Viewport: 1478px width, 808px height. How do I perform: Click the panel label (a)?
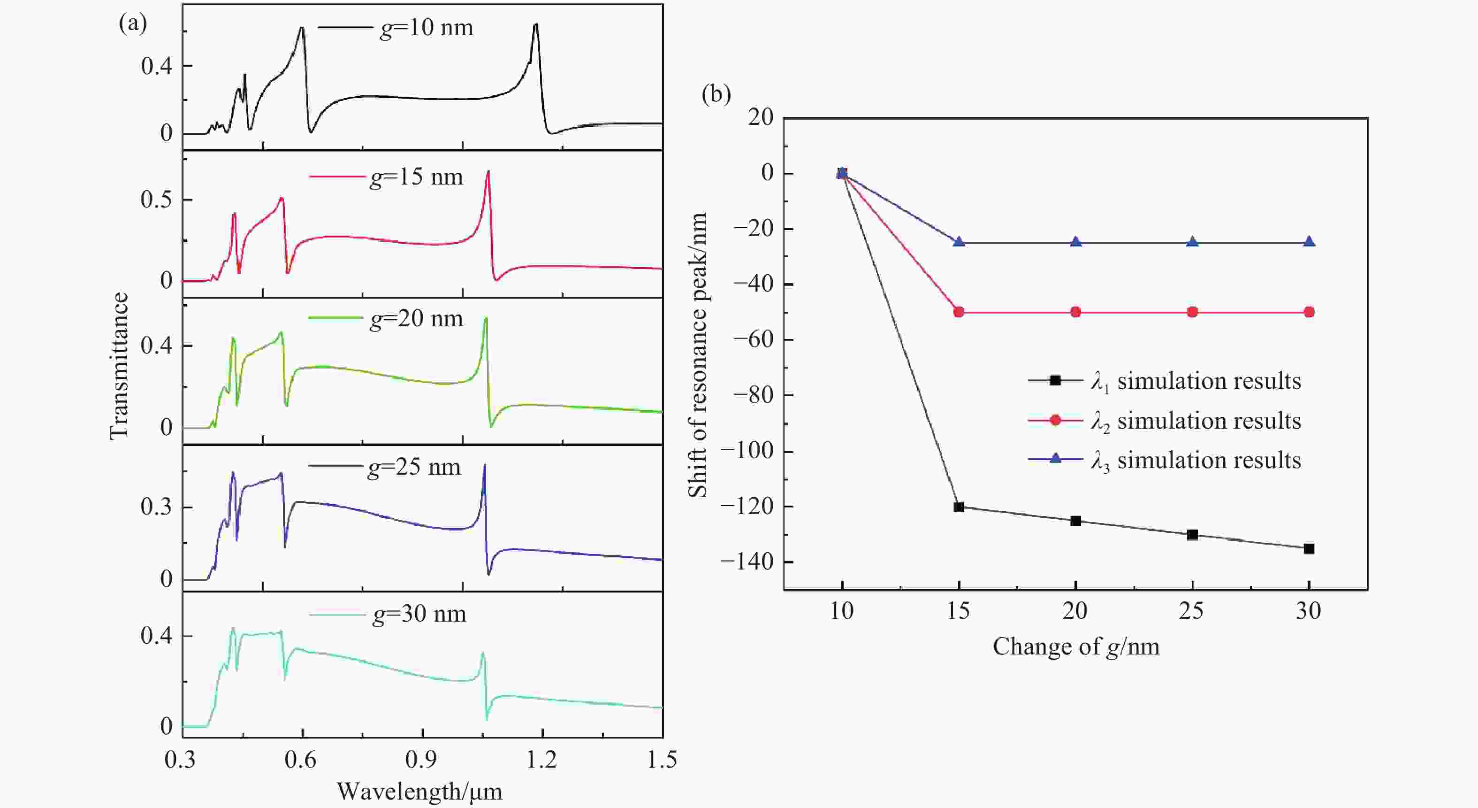[132, 23]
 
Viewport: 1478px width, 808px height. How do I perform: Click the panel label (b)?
[716, 94]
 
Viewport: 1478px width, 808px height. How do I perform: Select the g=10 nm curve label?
[427, 28]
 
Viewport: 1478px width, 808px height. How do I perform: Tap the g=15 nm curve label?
[416, 177]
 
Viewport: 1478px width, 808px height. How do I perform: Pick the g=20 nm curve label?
[416, 318]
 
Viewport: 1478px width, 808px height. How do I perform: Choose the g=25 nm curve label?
[414, 467]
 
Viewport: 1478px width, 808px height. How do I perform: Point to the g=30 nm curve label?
[419, 615]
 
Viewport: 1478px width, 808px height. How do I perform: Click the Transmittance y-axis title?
[119, 366]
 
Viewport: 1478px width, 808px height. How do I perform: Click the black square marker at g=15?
[959, 507]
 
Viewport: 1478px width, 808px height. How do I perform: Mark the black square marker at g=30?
[1309, 549]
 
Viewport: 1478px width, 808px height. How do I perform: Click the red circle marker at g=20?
[1076, 312]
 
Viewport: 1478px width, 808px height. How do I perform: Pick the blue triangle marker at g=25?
[1192, 242]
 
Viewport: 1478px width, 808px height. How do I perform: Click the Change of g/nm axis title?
[1076, 646]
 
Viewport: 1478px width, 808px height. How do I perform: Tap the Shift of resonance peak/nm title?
[698, 354]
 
